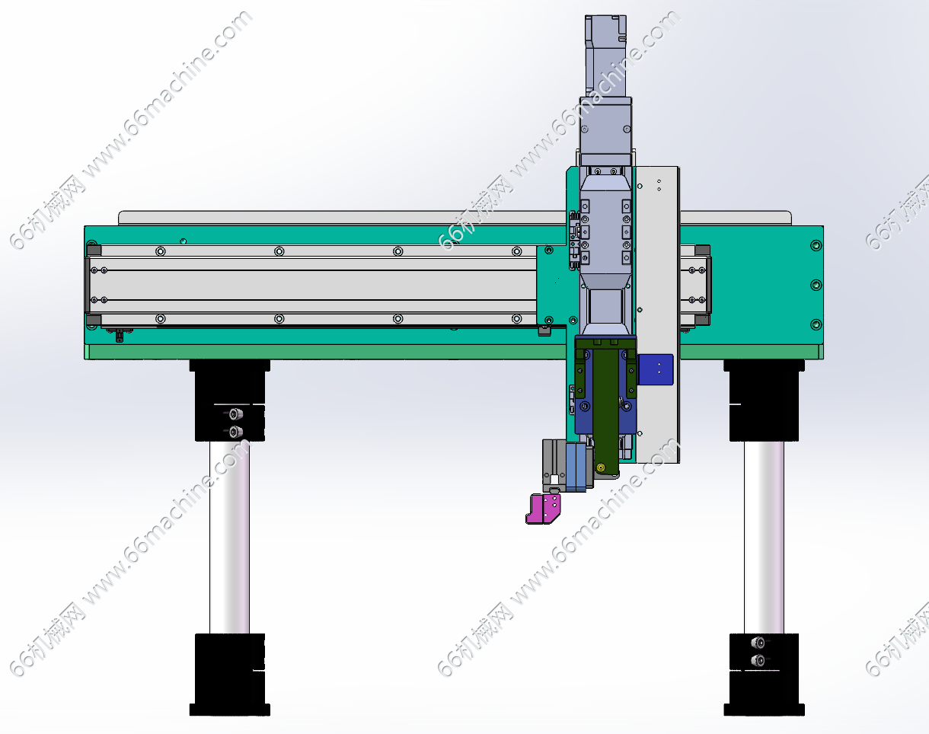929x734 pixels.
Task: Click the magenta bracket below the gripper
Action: click(543, 509)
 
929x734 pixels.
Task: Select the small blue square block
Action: click(656, 369)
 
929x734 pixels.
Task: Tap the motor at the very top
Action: click(605, 56)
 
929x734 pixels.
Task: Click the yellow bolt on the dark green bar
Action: click(601, 468)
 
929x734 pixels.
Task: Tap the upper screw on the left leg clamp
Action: click(235, 414)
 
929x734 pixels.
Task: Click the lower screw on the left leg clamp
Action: click(235, 431)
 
